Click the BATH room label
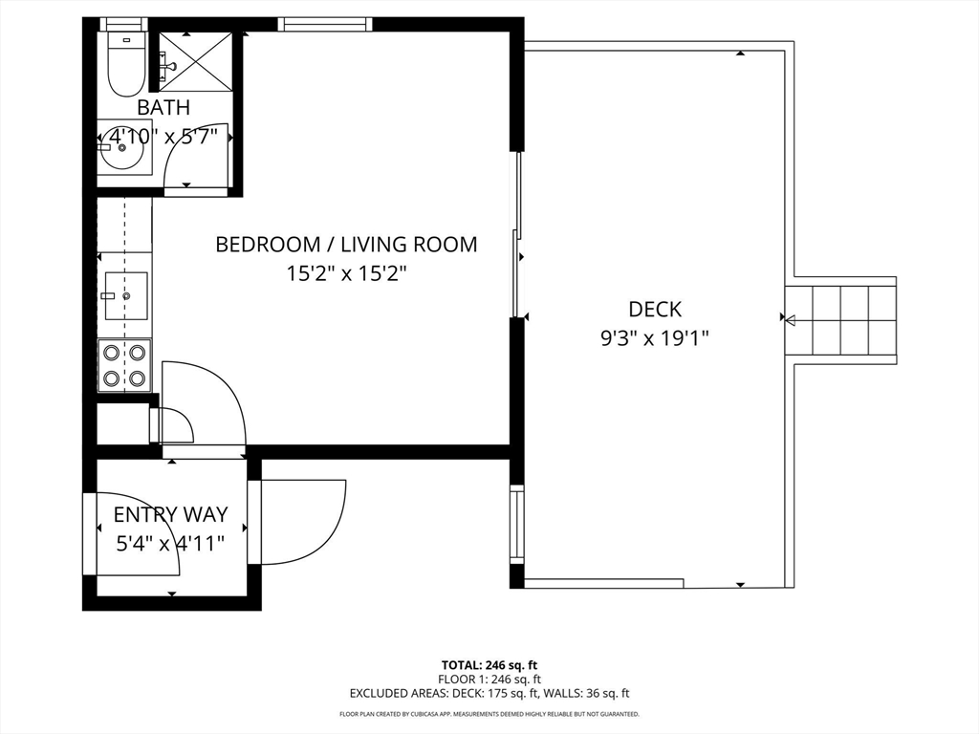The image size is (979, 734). (163, 107)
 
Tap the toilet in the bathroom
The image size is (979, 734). (127, 64)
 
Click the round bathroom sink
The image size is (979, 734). (122, 148)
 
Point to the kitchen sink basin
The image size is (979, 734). (126, 296)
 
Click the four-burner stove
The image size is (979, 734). (124, 365)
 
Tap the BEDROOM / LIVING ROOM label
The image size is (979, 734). (346, 244)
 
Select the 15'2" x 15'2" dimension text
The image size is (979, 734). (346, 273)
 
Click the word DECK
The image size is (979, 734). (654, 309)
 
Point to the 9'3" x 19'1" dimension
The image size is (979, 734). (654, 338)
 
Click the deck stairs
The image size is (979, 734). (840, 321)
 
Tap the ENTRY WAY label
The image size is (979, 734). (170, 514)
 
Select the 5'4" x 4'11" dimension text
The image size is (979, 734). (170, 544)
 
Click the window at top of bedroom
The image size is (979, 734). (325, 24)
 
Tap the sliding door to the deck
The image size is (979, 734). (517, 235)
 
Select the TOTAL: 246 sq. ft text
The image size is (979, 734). (489, 665)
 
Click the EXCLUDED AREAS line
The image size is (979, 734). (489, 693)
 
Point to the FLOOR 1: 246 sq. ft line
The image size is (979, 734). (489, 680)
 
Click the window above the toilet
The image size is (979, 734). (123, 24)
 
